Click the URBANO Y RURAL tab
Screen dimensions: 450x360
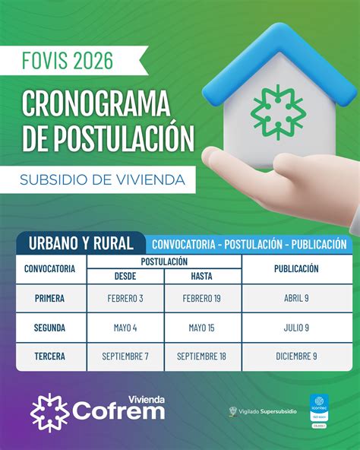pyautogui.click(x=81, y=243)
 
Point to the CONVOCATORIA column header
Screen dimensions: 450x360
pyautogui.click(x=49, y=268)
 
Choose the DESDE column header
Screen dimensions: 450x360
pyautogui.click(x=125, y=276)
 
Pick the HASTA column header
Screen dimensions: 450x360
pyautogui.click(x=201, y=276)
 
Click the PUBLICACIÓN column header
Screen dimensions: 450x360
pyautogui.click(x=296, y=268)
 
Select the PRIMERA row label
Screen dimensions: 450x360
pyautogui.click(x=49, y=298)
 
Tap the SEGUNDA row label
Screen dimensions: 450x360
pyautogui.click(x=49, y=327)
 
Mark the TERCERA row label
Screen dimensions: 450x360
pyautogui.click(x=49, y=356)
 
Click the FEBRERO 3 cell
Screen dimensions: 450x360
pyautogui.click(x=125, y=298)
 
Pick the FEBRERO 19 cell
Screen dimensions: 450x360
pyautogui.click(x=201, y=298)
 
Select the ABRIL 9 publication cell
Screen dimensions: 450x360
pyautogui.click(x=296, y=298)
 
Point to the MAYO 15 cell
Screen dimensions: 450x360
pyautogui.click(x=201, y=327)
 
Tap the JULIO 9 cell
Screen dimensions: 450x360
pyautogui.click(x=296, y=327)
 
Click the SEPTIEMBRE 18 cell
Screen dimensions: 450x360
pyautogui.click(x=201, y=356)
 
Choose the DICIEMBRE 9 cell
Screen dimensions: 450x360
pyautogui.click(x=296, y=356)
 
